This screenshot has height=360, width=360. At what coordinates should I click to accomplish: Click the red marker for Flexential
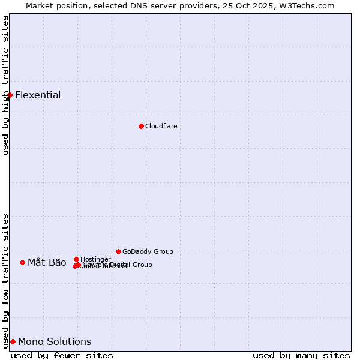coord(10,95)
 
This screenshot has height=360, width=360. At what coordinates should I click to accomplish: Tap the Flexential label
coord(38,95)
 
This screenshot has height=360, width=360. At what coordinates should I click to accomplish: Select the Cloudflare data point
coord(141,126)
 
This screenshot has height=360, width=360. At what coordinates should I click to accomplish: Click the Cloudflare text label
coord(161,126)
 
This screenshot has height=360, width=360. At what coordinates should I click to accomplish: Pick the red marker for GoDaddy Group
coord(118,251)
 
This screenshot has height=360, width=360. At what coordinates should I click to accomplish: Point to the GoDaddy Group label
coord(148,251)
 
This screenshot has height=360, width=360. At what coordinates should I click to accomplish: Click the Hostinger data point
coord(76,259)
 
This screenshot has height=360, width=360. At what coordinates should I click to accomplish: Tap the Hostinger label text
coord(95,259)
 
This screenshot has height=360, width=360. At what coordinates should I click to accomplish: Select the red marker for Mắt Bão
coord(22,262)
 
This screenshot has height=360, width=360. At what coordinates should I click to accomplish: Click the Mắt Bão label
coord(47,262)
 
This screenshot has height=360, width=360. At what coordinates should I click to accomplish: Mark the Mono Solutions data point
coord(13,341)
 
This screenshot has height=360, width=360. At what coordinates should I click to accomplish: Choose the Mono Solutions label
coord(55,341)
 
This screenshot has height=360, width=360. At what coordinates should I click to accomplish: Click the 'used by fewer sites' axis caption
coord(62,355)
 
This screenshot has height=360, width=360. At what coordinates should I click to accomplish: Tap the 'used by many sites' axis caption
coord(301,355)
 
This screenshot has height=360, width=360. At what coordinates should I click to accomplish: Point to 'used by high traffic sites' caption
coord(5,85)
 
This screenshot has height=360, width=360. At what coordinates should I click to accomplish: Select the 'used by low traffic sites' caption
coord(5,280)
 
